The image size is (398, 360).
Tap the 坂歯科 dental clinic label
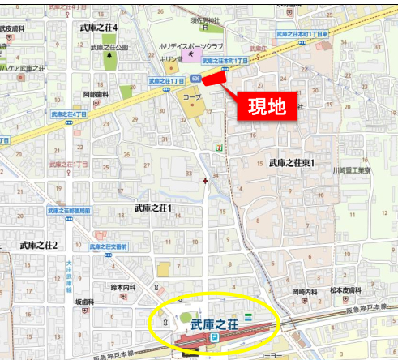pos(87,301)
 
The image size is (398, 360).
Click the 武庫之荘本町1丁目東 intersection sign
pos(302,34)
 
